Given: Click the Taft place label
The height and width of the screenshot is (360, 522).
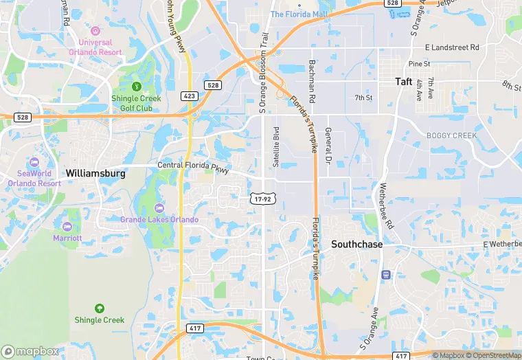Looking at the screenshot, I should click(x=403, y=81).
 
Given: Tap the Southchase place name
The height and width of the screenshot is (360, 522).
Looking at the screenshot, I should click(x=356, y=244).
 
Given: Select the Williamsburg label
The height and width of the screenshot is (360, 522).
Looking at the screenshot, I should click(x=95, y=174).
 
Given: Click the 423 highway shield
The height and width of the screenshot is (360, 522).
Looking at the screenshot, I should click(x=190, y=96).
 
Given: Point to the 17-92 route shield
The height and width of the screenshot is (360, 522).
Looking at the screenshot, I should click(x=260, y=198).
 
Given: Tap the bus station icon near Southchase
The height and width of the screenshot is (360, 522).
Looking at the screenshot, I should click(x=387, y=275).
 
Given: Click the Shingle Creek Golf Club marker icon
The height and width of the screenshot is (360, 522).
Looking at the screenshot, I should click(x=136, y=87).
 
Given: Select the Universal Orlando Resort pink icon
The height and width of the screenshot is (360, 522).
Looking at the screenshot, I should click(x=95, y=31).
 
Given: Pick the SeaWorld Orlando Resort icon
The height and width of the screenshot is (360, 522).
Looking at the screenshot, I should click(x=34, y=163).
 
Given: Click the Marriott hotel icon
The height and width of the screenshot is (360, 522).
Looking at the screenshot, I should click(x=67, y=227).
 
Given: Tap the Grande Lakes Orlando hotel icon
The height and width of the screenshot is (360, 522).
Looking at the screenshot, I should click(x=159, y=208).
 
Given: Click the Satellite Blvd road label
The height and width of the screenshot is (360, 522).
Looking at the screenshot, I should click(x=275, y=146).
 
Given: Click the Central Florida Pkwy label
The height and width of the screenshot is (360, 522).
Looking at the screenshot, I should click(x=193, y=166).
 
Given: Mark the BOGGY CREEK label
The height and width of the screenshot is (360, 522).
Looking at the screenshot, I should click(x=451, y=135).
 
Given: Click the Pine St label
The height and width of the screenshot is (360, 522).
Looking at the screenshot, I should click(x=419, y=64).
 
